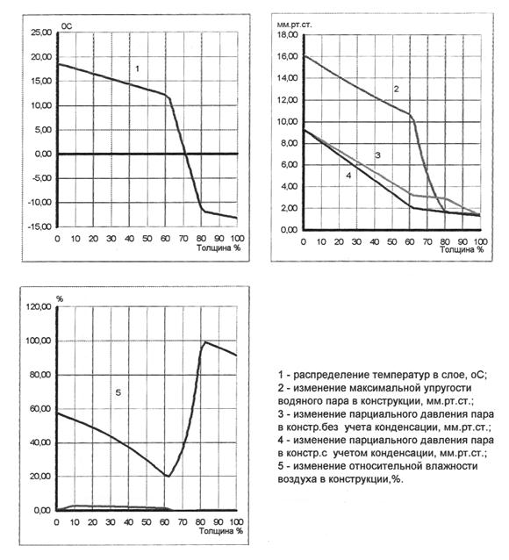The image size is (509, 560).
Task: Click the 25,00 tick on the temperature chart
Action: tap(41, 32)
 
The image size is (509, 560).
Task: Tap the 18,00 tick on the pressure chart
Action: tap(287, 34)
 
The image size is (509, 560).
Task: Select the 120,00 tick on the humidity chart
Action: tap(39, 307)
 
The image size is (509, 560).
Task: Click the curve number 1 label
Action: tap(137, 68)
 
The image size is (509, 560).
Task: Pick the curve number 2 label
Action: tap(396, 89)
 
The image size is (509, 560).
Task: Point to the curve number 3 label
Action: tap(377, 155)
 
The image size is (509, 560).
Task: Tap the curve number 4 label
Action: tap(348, 176)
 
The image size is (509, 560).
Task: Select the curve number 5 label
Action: tap(118, 392)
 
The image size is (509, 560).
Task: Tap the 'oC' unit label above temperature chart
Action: tap(67, 26)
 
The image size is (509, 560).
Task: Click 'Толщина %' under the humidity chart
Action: tap(221, 531)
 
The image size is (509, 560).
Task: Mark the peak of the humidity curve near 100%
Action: tap(205, 341)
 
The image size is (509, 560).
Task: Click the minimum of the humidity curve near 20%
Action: tap(168, 476)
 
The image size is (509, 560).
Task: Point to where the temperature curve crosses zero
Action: tap(185, 154)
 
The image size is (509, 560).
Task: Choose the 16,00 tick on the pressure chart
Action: tap(287, 56)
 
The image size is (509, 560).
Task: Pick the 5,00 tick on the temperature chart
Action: tap(43, 130)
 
